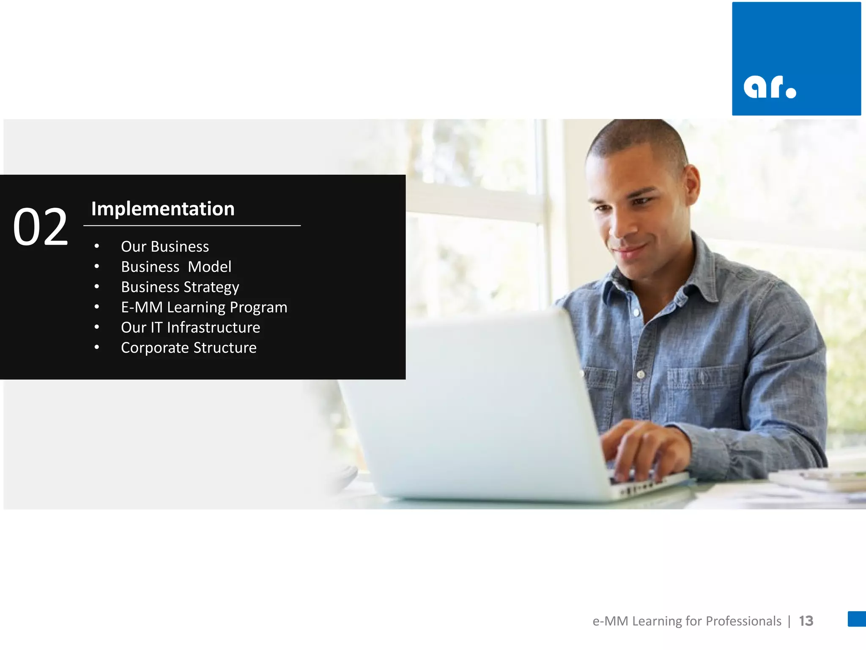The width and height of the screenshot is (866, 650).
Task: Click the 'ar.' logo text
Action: tap(770, 88)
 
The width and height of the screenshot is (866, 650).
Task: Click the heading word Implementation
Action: tap(163, 209)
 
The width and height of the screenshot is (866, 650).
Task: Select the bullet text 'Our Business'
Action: tap(165, 246)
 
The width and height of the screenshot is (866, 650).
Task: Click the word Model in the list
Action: tap(210, 267)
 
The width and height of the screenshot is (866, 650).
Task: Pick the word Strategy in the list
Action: tap(211, 287)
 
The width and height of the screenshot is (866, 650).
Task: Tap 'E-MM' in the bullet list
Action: tap(142, 307)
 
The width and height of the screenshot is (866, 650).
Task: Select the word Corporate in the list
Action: tap(155, 348)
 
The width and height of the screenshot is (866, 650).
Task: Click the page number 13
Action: tap(806, 621)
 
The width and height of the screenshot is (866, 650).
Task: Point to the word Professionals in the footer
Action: tap(743, 621)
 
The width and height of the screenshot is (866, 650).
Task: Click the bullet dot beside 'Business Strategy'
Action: tap(97, 287)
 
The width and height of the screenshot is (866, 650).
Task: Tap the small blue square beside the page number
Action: tap(857, 619)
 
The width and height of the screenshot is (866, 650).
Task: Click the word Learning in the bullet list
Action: tap(196, 308)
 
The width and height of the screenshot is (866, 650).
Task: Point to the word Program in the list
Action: tap(258, 308)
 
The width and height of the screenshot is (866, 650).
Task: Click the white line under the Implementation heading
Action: tap(192, 226)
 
